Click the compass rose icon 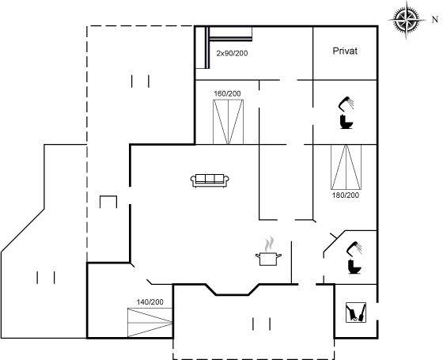(407, 20)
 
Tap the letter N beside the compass (435, 20)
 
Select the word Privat (345, 51)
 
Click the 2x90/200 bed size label (232, 53)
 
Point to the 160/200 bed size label (228, 93)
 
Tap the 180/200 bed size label (346, 195)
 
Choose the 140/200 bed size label (150, 302)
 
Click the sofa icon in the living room (210, 180)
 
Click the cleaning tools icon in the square (356, 313)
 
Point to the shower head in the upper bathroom (346, 103)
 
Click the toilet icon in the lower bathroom (354, 267)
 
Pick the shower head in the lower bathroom (354, 248)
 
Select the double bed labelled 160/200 (228, 122)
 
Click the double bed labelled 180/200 (346, 167)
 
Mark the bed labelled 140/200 (150, 323)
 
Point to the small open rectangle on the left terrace (108, 196)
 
